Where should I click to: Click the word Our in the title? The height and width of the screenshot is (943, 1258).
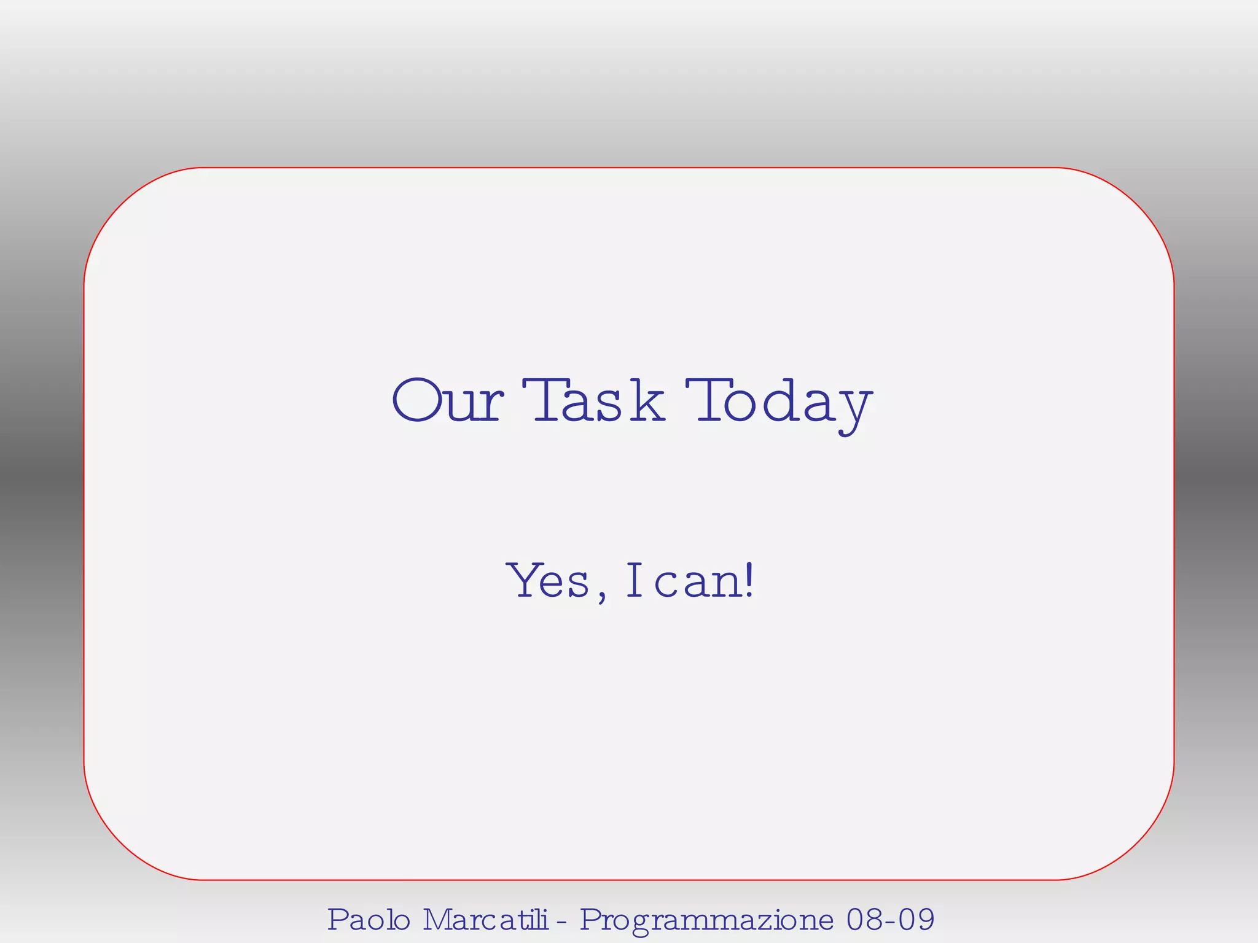point(447,401)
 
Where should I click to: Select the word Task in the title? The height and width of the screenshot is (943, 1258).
point(593,401)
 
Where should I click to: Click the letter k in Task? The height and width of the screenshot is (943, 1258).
point(647,401)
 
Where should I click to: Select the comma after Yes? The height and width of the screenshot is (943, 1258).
point(601,594)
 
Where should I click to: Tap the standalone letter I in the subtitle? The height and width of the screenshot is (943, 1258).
point(634,580)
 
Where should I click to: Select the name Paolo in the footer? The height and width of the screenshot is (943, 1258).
point(369,920)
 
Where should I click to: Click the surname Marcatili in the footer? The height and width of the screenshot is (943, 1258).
point(485,920)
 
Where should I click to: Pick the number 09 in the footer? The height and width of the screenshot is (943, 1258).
point(916,920)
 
